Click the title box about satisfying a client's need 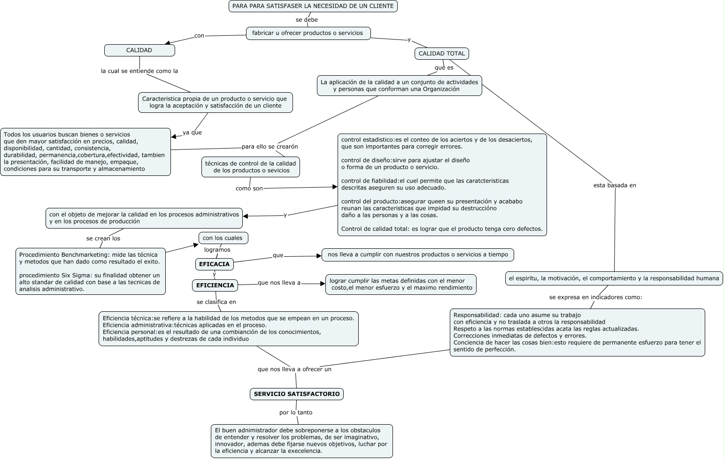coord(313,6)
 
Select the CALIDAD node coord(139,50)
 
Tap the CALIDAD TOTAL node coord(441,54)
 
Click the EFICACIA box coord(215,264)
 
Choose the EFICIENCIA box coord(215,285)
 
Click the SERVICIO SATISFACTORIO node coord(297,394)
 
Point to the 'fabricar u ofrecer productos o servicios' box coord(308,33)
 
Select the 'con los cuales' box coord(223,238)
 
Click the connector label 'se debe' coord(307,20)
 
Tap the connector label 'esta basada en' coord(615,185)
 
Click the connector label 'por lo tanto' coord(296,412)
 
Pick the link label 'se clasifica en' coord(216,302)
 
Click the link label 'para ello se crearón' coord(270,147)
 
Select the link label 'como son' coord(249,189)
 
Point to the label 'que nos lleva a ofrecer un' coord(294,369)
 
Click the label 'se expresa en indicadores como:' coord(595,297)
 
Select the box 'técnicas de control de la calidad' coord(251,167)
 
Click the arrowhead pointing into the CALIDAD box coord(167,44)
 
